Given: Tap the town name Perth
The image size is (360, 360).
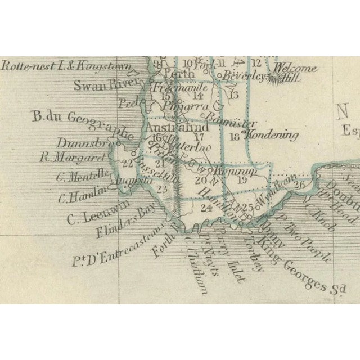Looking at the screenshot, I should click(179, 74).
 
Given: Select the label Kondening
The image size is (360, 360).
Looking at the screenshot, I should click(272, 135).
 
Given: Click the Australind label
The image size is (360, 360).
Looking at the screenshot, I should click(177, 128).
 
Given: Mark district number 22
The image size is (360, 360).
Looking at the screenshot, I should click(128, 164).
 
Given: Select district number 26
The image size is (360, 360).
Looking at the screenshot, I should click(300, 184).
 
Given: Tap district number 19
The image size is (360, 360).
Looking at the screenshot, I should click(242, 180).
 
